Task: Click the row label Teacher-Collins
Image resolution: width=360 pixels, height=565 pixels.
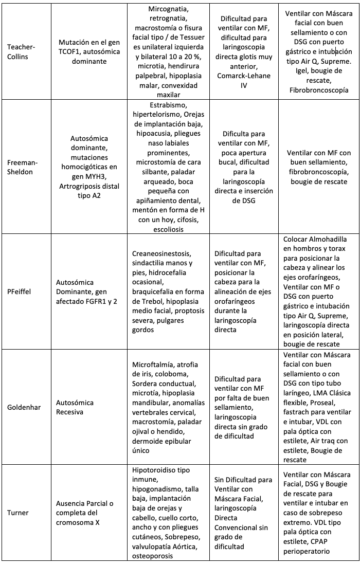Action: point(21,51)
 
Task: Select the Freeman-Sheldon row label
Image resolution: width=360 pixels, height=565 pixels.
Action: point(21,167)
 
